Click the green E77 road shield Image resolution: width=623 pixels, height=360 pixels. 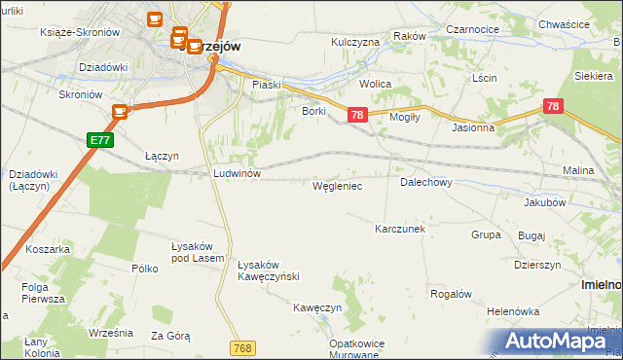[98, 140]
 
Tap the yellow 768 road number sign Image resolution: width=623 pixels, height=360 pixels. [243, 347]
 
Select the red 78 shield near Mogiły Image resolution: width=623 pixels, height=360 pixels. [357, 115]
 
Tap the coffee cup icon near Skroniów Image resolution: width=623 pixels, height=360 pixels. [121, 112]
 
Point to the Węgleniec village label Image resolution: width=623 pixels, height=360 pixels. [338, 185]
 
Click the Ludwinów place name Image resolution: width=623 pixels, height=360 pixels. [237, 173]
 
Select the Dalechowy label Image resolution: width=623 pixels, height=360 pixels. [425, 182]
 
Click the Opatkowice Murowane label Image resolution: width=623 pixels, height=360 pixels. [352, 349]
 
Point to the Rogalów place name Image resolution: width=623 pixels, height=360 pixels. [451, 294]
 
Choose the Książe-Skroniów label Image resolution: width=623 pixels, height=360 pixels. [80, 32]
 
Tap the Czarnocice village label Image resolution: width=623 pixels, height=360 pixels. [473, 30]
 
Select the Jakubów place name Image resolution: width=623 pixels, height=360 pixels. [545, 203]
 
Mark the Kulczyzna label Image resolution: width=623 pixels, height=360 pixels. [354, 43]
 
